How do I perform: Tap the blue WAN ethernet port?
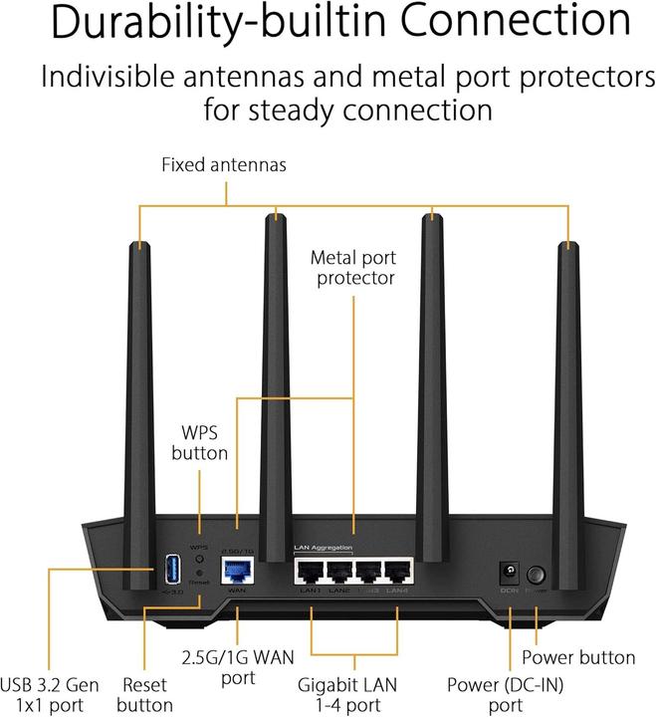[x=237, y=571]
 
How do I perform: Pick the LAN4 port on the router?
[x=397, y=573]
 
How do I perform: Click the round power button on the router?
[x=538, y=575]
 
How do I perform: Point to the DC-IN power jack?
[x=509, y=574]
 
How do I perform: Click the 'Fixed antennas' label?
[x=224, y=164]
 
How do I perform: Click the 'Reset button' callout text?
[x=145, y=695]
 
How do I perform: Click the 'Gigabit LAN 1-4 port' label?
[x=354, y=695]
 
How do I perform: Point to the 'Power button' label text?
[x=578, y=657]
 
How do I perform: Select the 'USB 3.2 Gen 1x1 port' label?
[x=49, y=695]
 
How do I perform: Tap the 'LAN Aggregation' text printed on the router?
[x=324, y=548]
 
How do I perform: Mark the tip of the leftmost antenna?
[x=140, y=243]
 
